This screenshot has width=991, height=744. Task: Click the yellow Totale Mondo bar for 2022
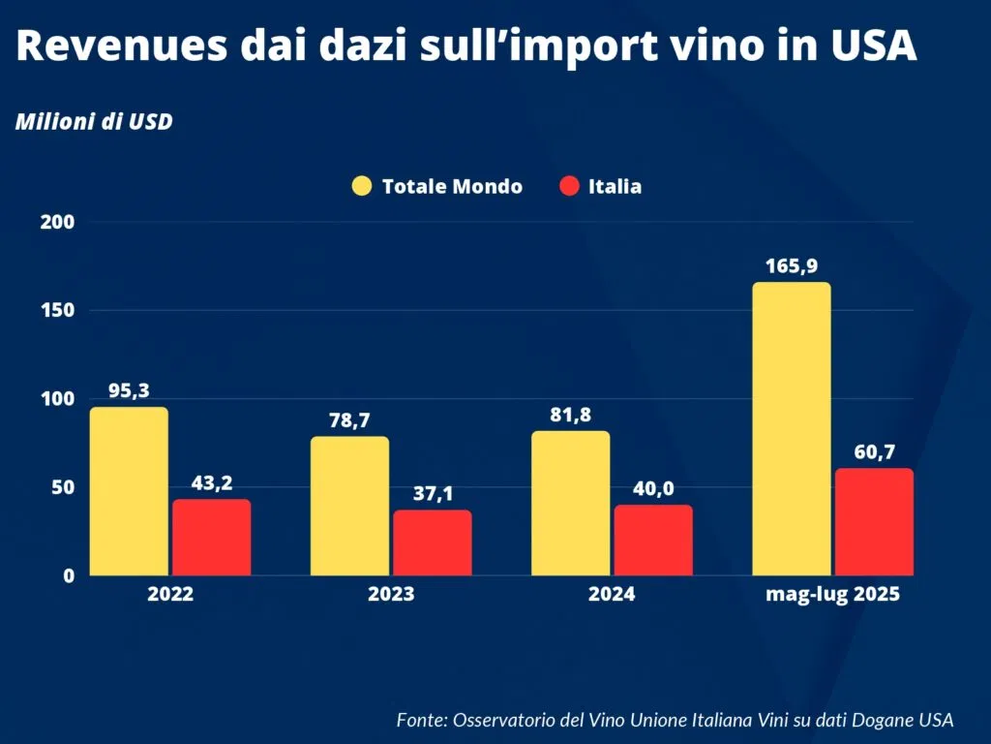129,491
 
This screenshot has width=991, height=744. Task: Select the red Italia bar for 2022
212,537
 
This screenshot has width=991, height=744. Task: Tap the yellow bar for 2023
349,506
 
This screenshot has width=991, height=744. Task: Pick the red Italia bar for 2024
653,540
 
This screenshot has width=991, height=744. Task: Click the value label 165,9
792,265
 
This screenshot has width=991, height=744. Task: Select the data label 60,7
874,451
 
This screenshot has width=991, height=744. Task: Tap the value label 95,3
129,390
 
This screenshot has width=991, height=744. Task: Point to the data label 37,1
433,494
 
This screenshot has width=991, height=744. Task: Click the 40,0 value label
653,488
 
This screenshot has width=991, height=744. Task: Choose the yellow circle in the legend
362,186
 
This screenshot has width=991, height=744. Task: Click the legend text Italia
615,186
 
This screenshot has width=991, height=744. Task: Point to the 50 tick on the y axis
60,487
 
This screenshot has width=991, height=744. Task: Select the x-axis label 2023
391,595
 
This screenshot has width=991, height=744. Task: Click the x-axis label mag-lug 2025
832,595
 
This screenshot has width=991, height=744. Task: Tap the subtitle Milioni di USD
93,124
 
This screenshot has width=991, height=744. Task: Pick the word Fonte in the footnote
419,720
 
